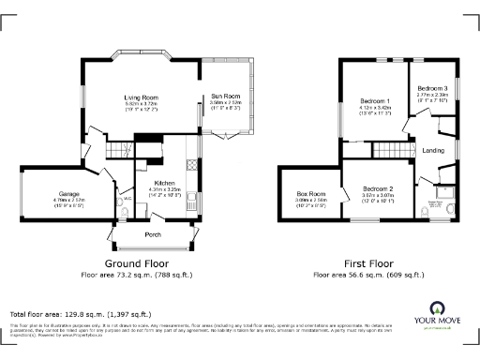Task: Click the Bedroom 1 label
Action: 374,100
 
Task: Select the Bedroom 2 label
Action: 376,187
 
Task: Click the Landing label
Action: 433,150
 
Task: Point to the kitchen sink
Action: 192,199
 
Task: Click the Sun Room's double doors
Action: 225,137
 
